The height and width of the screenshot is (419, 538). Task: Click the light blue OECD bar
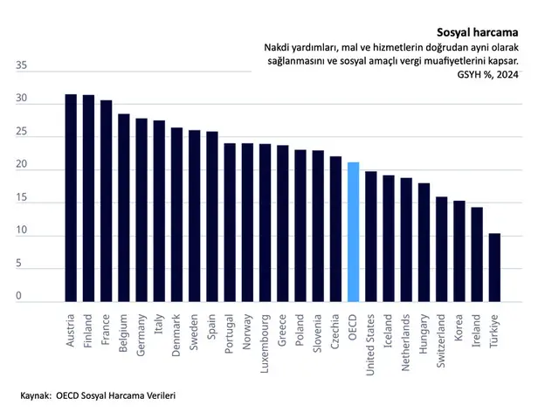tap(353, 232)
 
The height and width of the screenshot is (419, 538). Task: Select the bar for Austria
tap(71, 198)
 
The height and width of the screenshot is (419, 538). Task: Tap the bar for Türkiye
tap(494, 268)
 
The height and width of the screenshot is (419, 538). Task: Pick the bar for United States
tap(371, 237)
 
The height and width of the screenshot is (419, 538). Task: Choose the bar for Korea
tap(459, 251)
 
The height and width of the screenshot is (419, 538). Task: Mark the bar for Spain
tap(212, 216)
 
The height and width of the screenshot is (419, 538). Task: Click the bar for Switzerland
tap(442, 250)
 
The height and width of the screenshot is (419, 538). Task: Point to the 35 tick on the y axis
tap(21, 65)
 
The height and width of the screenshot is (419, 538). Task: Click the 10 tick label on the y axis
tap(21, 230)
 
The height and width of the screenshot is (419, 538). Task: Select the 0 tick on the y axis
tap(18, 296)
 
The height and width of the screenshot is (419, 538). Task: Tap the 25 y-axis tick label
tap(21, 131)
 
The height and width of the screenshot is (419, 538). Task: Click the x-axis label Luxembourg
tap(264, 344)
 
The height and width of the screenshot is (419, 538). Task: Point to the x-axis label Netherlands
tap(405, 342)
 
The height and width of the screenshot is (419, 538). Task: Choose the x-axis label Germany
tap(141, 335)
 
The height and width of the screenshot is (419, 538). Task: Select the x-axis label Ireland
tap(476, 331)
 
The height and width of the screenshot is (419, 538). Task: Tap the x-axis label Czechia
tap(335, 332)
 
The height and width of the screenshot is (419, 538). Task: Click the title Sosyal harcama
tap(477, 32)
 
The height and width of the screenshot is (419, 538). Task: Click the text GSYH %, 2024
tap(487, 74)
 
